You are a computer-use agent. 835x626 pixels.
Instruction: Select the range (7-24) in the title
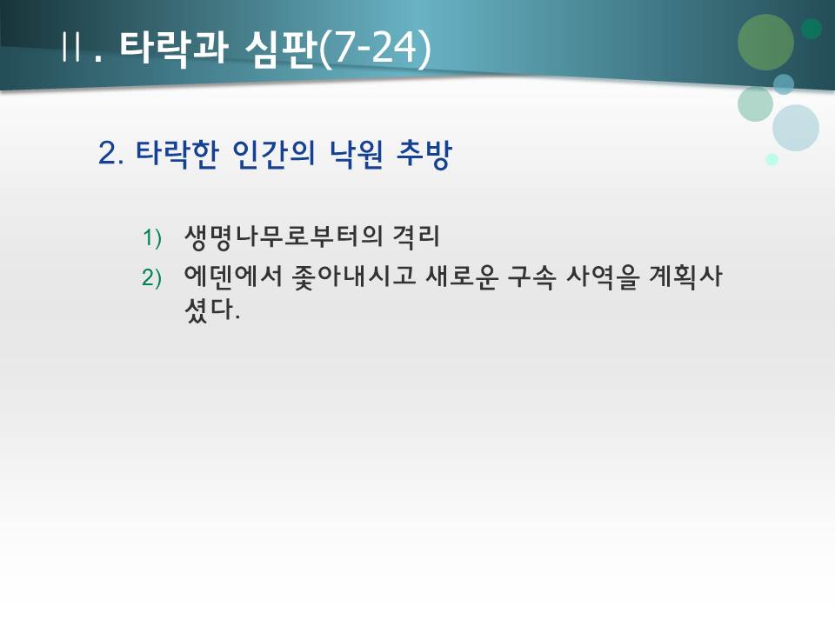pyautogui.click(x=374, y=47)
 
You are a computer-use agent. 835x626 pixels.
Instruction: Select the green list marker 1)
pyautogui.click(x=152, y=236)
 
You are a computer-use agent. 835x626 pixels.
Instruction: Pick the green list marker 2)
pyautogui.click(x=152, y=277)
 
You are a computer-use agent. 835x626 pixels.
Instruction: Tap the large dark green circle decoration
pyautogui.click(x=765, y=42)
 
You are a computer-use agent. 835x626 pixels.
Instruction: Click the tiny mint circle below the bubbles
pyautogui.click(x=772, y=160)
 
